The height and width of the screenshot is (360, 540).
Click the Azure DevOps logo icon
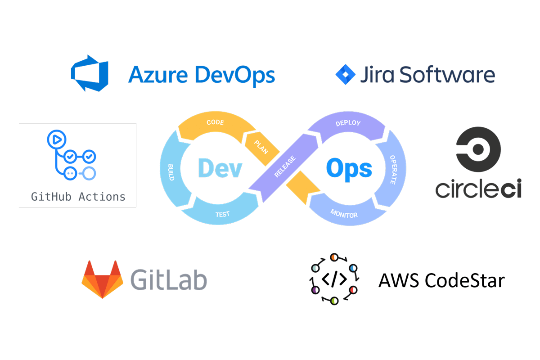coord(90,73)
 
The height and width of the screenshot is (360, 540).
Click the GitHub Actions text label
coord(78,197)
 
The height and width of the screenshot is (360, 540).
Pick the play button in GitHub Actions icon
coord(56,139)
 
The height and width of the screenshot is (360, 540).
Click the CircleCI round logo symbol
coord(478,149)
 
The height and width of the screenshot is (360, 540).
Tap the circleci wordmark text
coord(478,188)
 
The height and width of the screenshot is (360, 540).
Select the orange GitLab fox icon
coord(102,279)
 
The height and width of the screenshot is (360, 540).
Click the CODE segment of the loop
coord(215,123)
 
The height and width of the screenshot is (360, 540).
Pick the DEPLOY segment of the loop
coord(348,123)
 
